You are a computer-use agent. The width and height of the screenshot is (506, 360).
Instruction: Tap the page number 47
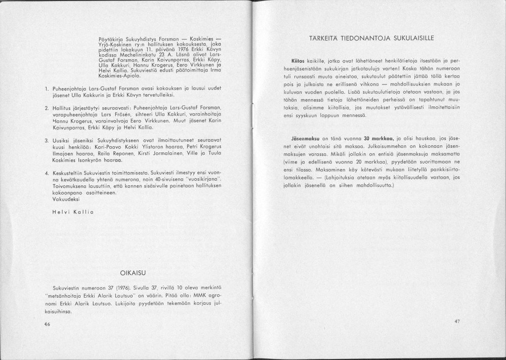click(x=457, y=321)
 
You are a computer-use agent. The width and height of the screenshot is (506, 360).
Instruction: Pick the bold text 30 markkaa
click(x=375, y=138)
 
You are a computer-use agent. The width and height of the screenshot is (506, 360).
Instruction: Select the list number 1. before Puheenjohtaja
click(x=46, y=88)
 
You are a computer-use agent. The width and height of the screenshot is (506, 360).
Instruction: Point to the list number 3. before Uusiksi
click(x=46, y=139)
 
